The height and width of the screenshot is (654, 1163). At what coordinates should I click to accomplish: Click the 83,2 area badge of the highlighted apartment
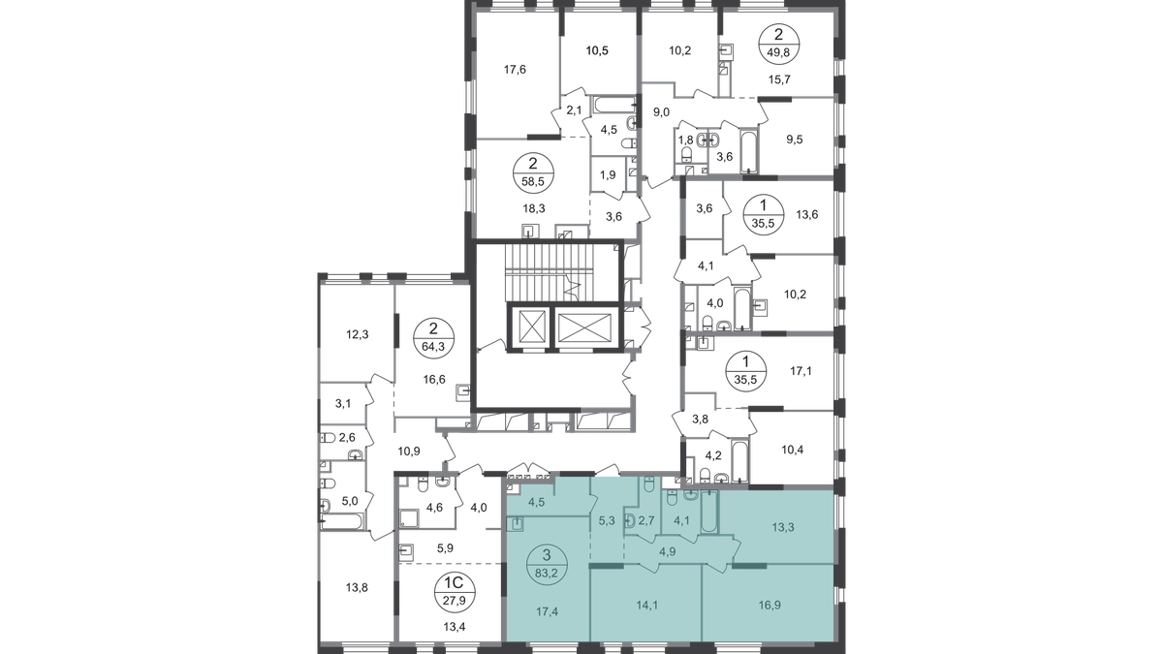547,565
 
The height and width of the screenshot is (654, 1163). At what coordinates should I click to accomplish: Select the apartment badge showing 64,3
433,337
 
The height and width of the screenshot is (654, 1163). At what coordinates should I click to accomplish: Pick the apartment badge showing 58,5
533,172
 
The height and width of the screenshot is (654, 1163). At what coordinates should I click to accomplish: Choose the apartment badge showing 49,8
778,45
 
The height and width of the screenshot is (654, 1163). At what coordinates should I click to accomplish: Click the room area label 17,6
515,70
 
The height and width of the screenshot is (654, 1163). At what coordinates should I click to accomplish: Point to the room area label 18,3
534,208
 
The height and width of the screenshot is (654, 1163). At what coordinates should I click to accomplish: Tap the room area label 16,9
770,606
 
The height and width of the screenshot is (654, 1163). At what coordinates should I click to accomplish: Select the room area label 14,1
647,606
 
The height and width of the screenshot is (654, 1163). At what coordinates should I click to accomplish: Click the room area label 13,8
358,588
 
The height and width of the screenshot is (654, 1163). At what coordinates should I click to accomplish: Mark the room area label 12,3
358,335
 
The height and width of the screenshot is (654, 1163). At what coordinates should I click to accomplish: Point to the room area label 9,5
795,140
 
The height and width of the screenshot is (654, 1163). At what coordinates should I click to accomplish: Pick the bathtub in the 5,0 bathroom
343,521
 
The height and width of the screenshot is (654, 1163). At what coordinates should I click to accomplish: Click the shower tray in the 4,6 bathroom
409,518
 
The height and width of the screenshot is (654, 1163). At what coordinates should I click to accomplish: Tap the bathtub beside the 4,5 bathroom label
614,106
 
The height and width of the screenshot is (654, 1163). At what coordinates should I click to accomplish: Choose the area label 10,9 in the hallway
409,452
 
